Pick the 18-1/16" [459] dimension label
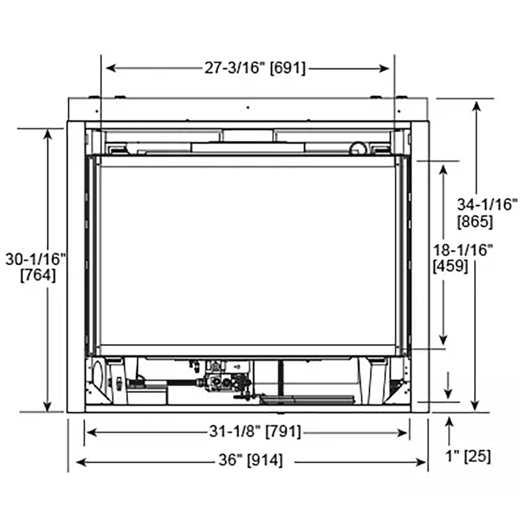[462, 258]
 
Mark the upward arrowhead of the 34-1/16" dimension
[476, 105]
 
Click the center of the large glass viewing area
[248, 256]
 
